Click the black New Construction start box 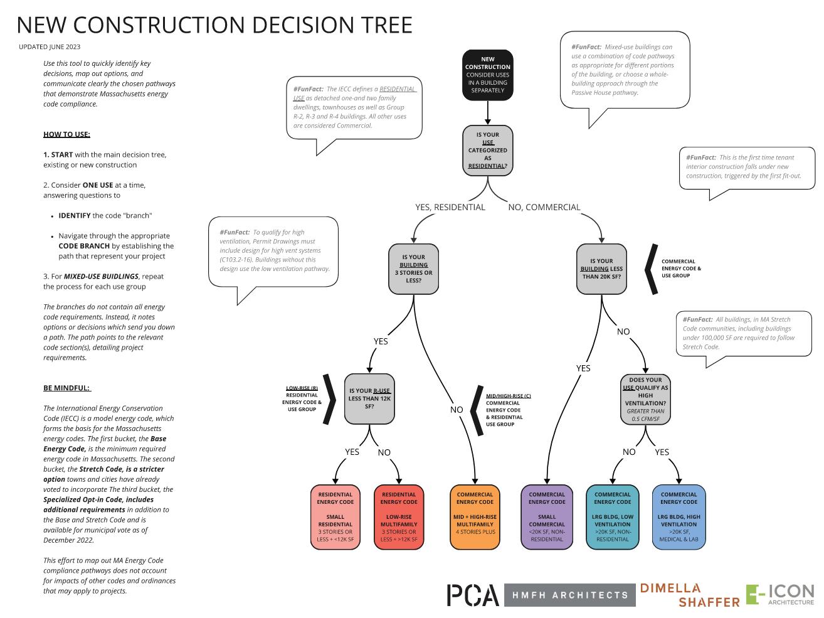click(487, 75)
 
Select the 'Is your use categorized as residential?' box click(487, 150)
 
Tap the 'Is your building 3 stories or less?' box click(413, 269)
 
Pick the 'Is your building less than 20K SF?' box click(601, 269)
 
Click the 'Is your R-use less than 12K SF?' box click(369, 398)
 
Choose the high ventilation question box click(645, 398)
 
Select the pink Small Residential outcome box click(335, 517)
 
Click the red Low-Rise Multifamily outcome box click(399, 517)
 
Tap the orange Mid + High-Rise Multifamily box click(475, 517)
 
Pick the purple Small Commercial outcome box click(547, 517)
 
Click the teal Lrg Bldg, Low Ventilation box click(612, 517)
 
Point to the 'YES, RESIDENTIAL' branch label click(450, 207)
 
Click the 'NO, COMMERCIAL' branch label click(544, 207)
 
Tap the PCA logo click(473, 595)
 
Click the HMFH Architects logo click(569, 595)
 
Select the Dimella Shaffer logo click(689, 595)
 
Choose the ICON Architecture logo click(779, 595)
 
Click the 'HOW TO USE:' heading click(66, 134)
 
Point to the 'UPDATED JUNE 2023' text click(50, 47)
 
